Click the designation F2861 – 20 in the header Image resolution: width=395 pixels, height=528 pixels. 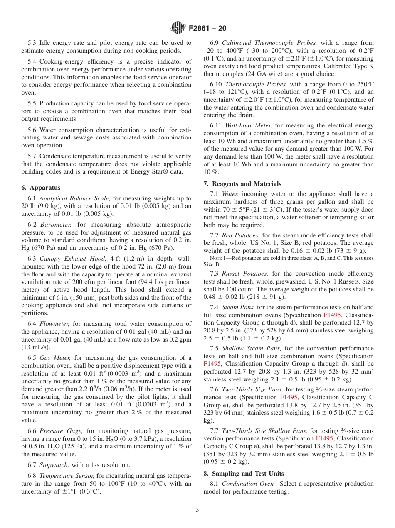[x=207, y=29]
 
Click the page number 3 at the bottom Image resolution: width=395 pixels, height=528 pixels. [x=197, y=510]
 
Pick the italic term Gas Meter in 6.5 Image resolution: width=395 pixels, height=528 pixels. [x=55, y=358]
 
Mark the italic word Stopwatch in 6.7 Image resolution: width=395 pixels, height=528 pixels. [x=54, y=465]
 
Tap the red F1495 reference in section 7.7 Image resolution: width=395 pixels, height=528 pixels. [x=323, y=438]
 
